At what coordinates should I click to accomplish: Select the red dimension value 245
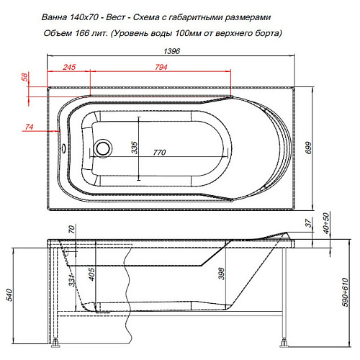pyautogui.click(x=69, y=68)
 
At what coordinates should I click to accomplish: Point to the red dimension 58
pyautogui.click(x=24, y=76)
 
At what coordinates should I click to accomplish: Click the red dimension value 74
pyautogui.click(x=30, y=127)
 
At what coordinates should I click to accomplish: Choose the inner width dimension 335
pyautogui.click(x=134, y=147)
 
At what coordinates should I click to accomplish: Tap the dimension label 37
pyautogui.click(x=307, y=224)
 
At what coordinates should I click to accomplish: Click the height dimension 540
pyautogui.click(x=9, y=294)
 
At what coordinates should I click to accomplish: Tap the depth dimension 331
pyautogui.click(x=71, y=279)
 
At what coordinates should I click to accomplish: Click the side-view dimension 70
pyautogui.click(x=71, y=230)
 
